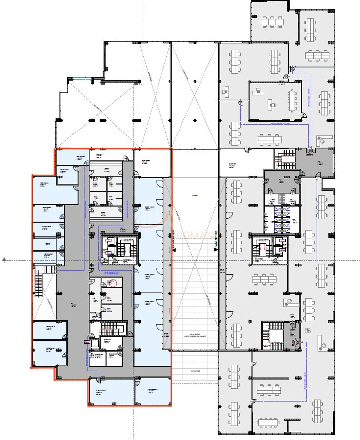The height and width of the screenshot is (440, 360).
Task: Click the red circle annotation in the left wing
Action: [x=113, y=282]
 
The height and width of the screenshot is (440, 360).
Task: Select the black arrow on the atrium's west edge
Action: [x=174, y=249]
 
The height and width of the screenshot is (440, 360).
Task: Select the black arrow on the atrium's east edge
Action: [x=216, y=249]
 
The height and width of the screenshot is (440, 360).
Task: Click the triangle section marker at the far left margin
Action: [x=4, y=260]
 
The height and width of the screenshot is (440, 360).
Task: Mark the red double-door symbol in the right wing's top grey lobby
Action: [x=309, y=153]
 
